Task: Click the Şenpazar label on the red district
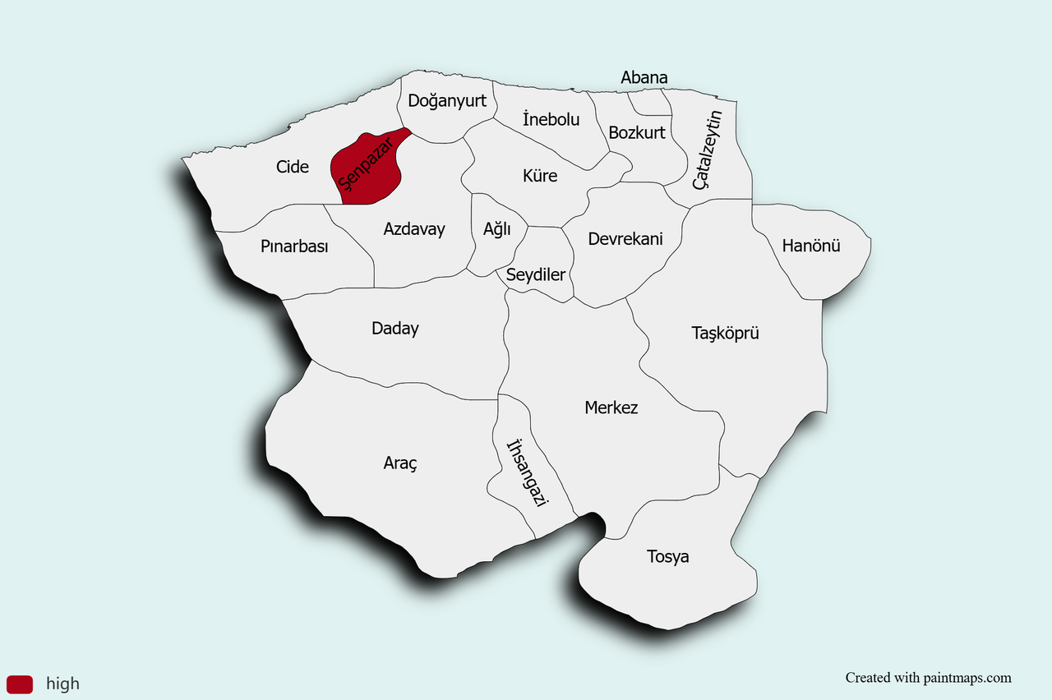(x=367, y=167)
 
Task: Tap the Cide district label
(x=293, y=167)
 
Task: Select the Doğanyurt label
(x=447, y=101)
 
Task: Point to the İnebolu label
(x=551, y=119)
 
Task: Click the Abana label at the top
(x=644, y=77)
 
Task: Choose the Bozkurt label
(x=637, y=131)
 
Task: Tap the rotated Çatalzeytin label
(x=707, y=150)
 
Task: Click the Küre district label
(x=540, y=176)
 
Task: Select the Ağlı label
(x=496, y=229)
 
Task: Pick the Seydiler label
(x=536, y=274)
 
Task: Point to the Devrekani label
(x=625, y=239)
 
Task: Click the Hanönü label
(x=811, y=245)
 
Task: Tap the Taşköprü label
(x=725, y=333)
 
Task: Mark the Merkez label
(x=611, y=408)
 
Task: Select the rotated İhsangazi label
(x=527, y=473)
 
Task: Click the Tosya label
(x=667, y=557)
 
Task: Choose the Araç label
(x=400, y=463)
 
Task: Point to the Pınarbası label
(x=294, y=246)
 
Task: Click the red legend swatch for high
(x=20, y=684)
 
